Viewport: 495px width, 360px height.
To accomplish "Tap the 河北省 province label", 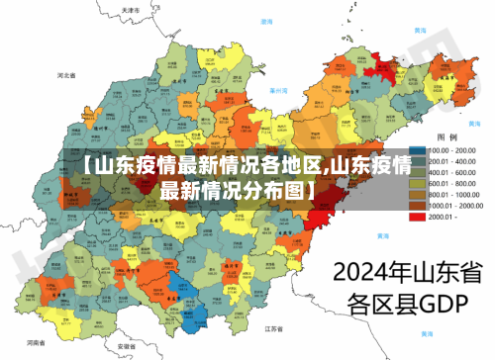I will pos(66,75).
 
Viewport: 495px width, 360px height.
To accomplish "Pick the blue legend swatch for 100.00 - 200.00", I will pos(417,149).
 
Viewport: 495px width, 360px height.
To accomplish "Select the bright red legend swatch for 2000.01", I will pos(417,216).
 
